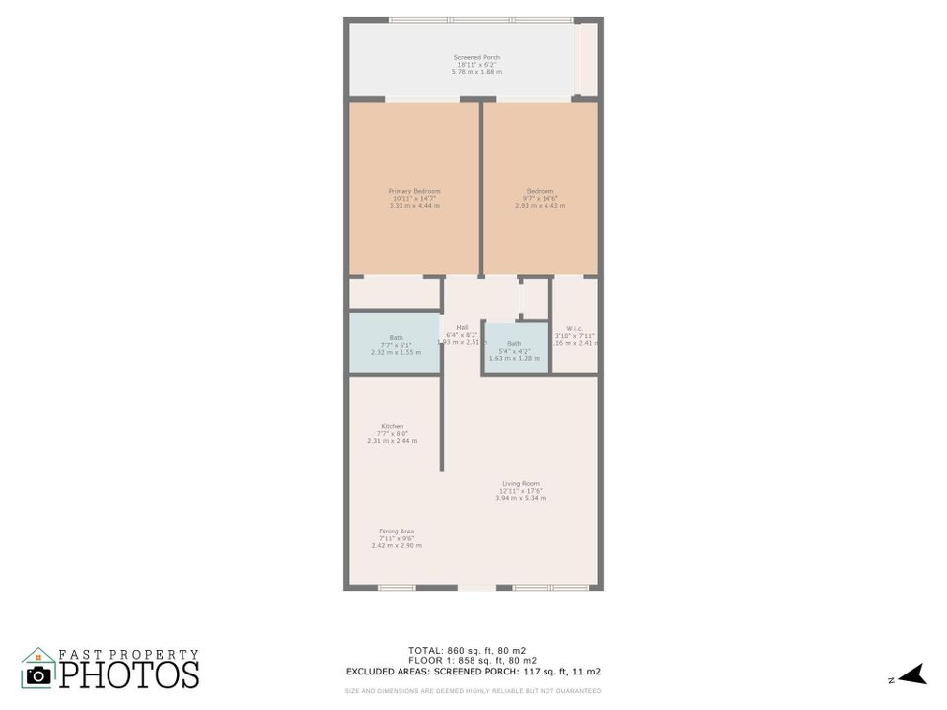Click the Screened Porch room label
(476, 58)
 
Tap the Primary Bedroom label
(414, 191)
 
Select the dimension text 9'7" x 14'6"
(540, 199)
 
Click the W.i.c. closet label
(574, 329)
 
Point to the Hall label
(462, 327)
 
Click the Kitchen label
(392, 426)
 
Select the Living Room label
(521, 483)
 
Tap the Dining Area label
(397, 531)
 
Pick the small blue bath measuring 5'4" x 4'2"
(515, 349)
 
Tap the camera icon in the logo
(38, 674)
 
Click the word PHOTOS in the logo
(129, 674)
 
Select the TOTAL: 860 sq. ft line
(473, 650)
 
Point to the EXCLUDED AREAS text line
(473, 671)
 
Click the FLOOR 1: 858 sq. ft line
(473, 660)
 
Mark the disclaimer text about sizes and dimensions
(473, 690)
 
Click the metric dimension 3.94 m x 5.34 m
(521, 498)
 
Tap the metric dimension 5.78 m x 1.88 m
(476, 72)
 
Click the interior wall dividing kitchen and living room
(442, 424)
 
